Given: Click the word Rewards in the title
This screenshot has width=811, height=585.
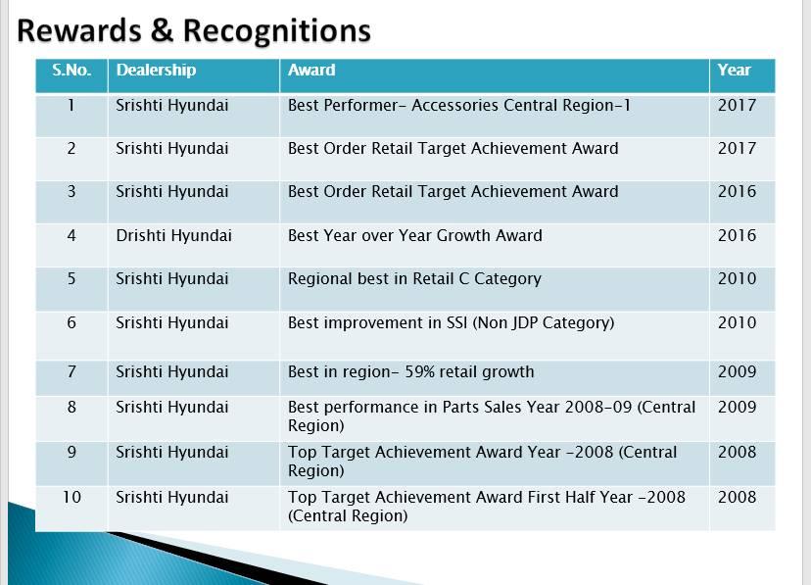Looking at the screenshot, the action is (x=79, y=30).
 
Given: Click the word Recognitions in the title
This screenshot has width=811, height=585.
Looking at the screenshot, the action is (x=277, y=31).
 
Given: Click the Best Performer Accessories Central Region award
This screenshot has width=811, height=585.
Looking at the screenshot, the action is (x=459, y=106).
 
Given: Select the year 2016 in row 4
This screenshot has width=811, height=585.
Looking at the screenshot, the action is (x=737, y=236).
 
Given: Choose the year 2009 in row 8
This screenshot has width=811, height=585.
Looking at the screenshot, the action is (x=737, y=407).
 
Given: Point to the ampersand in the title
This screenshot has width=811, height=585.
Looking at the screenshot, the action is (x=163, y=30).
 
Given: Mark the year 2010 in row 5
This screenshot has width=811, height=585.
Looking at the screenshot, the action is (x=737, y=279).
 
